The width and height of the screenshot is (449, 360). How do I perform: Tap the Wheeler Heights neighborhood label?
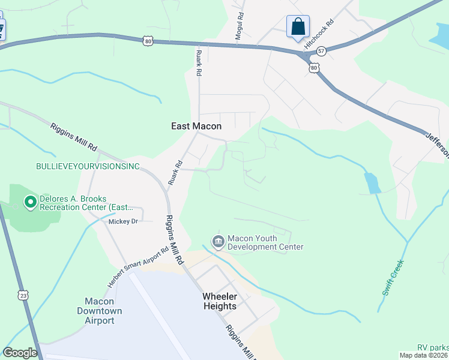[219, 301]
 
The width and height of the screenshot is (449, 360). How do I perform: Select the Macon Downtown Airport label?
[99, 311]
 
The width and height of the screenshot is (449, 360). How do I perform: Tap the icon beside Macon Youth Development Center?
[217, 242]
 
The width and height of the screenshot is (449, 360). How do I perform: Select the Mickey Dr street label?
[123, 221]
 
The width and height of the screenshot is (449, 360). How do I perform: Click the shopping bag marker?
[298, 27]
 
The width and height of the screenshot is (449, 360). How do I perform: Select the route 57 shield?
[322, 52]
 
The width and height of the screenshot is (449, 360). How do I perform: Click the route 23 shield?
[23, 295]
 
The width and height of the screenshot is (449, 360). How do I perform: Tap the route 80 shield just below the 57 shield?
[314, 68]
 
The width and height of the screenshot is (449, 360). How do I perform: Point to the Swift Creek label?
[393, 277]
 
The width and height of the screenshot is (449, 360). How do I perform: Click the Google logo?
[20, 353]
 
